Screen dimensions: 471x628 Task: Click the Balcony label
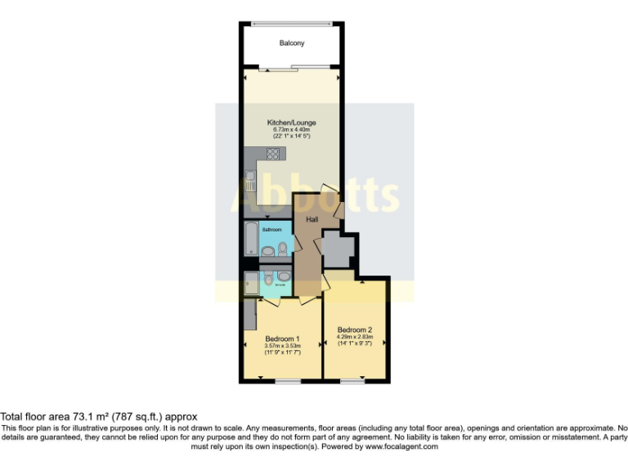pyautogui.click(x=291, y=43)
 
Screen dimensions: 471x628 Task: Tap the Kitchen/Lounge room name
pyautogui.click(x=291, y=123)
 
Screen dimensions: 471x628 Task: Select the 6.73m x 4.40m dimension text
pyautogui.click(x=291, y=129)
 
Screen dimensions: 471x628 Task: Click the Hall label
pyautogui.click(x=312, y=220)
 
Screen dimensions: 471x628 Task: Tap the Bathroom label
pyautogui.click(x=271, y=230)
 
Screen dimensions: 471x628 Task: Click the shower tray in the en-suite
pyautogui.click(x=249, y=283)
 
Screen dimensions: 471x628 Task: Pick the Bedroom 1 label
pyautogui.click(x=282, y=339)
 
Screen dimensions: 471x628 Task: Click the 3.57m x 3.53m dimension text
pyautogui.click(x=282, y=346)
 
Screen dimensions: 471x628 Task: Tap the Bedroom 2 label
pyautogui.click(x=355, y=330)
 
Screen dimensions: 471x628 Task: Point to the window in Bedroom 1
pyautogui.click(x=287, y=380)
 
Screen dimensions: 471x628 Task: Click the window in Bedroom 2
pyautogui.click(x=353, y=380)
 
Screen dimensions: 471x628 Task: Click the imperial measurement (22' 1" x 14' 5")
pyautogui.click(x=291, y=136)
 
